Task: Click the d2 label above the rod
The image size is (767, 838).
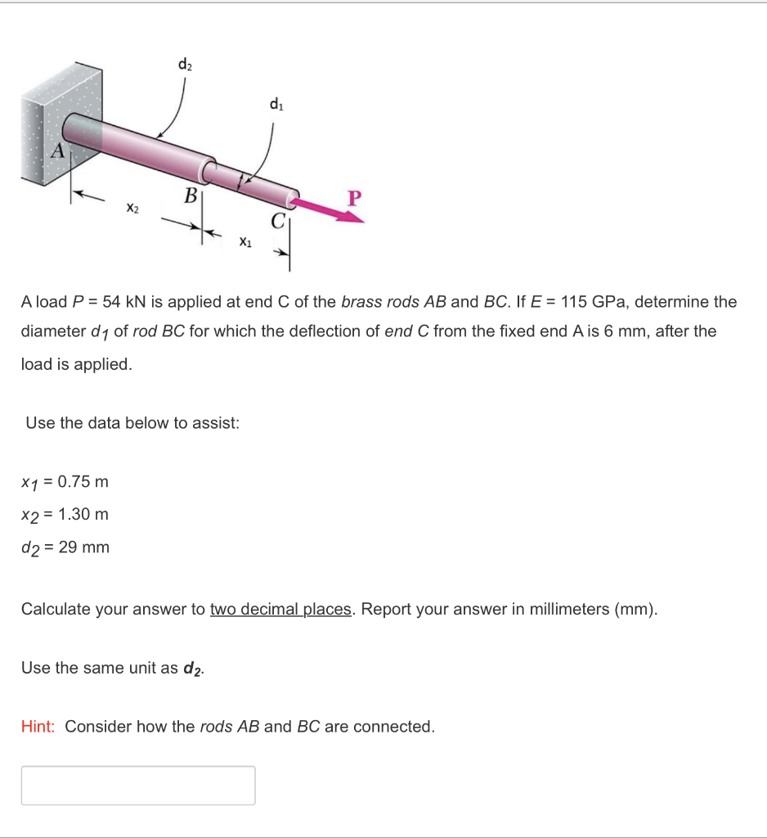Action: click(x=184, y=64)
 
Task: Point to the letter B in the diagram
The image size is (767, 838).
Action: click(x=190, y=196)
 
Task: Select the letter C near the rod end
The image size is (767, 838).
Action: click(x=279, y=220)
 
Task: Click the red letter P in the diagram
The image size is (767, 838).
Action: click(x=353, y=198)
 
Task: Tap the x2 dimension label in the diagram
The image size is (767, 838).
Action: click(x=132, y=209)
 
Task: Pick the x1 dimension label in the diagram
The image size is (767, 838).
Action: click(x=245, y=241)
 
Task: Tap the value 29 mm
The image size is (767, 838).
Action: click(x=83, y=547)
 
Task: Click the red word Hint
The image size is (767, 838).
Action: click(x=38, y=727)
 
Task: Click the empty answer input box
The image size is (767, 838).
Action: click(x=138, y=786)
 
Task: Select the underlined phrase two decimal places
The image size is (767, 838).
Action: click(x=280, y=610)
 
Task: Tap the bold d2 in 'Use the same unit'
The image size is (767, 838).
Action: click(x=193, y=669)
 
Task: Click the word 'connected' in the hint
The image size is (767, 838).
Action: click(x=396, y=727)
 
